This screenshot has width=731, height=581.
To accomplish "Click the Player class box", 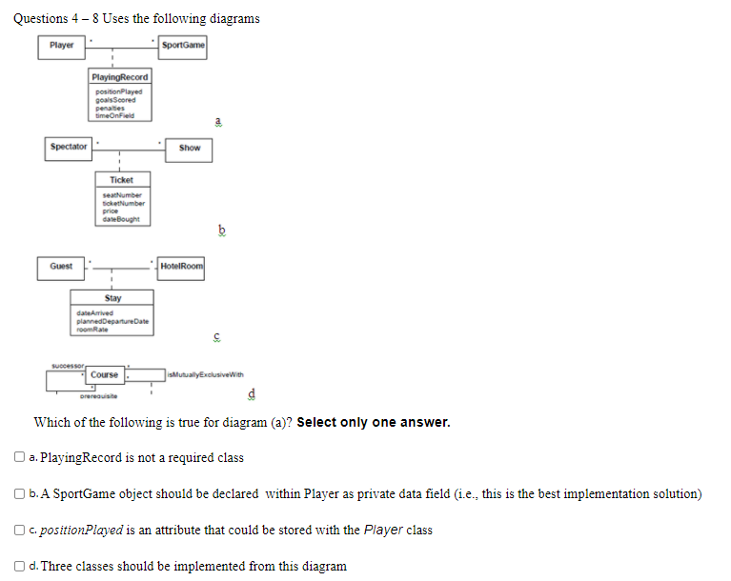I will tap(61, 45).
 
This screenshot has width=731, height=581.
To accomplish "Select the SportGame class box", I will tap(183, 45).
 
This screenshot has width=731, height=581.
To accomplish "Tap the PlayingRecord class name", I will tap(120, 76).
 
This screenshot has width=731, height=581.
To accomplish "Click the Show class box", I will tap(190, 148).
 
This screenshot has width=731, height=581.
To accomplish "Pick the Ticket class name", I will tap(121, 180).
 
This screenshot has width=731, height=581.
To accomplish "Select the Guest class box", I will tap(61, 266).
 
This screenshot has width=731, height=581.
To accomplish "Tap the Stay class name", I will tap(113, 298).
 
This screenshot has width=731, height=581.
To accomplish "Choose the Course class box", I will tap(105, 374).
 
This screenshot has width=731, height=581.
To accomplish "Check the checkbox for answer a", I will tap(20, 457).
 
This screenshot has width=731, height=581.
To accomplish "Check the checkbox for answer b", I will tap(20, 493).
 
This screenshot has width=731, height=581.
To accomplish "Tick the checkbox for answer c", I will tap(20, 530).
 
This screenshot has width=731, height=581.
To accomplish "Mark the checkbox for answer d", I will tap(20, 566).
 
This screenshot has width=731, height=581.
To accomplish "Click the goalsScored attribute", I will tap(115, 99).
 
